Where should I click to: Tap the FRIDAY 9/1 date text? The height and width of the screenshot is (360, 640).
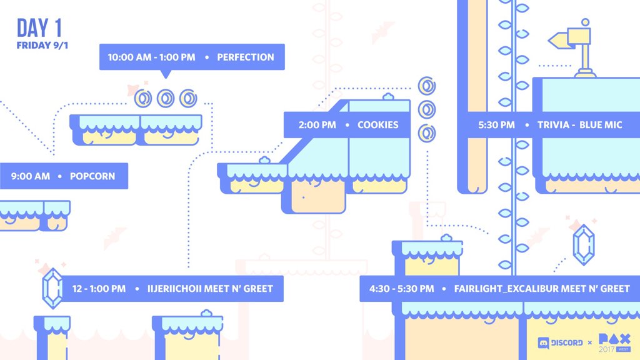tap(42, 45)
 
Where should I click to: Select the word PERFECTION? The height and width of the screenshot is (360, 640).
tap(246, 57)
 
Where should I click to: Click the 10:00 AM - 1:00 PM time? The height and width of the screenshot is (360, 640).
tap(151, 57)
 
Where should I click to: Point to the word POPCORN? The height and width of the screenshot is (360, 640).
tap(92, 176)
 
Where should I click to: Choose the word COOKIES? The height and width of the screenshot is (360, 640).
tap(377, 125)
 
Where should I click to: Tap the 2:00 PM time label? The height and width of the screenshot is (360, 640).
tap(317, 125)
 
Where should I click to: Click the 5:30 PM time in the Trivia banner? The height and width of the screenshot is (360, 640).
tap(497, 125)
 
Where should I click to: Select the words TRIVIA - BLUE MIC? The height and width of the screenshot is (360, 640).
tap(580, 125)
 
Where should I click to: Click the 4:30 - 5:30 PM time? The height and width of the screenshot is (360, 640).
tap(401, 289)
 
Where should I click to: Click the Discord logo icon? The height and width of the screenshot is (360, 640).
tap(544, 342)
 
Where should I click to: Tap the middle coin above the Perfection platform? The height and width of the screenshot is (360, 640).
tap(166, 98)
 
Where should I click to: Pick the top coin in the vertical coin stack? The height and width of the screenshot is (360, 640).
tap(427, 86)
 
